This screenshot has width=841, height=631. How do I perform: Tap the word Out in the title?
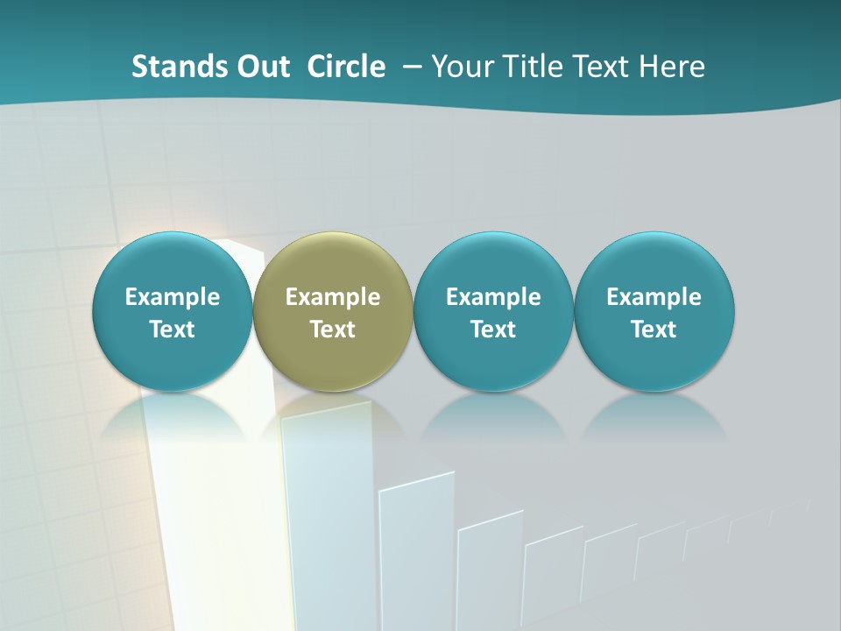click(262, 67)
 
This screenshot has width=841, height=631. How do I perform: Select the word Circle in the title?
click(346, 67)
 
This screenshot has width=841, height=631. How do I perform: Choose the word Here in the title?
click(673, 67)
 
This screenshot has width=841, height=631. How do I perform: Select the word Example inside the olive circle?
click(333, 297)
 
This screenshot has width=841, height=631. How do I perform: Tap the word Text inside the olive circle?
click(333, 330)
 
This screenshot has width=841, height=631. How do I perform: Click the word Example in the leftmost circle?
click(173, 297)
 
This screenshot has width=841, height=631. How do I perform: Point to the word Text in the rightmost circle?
click(654, 330)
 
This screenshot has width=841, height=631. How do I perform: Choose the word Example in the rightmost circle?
click(654, 297)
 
